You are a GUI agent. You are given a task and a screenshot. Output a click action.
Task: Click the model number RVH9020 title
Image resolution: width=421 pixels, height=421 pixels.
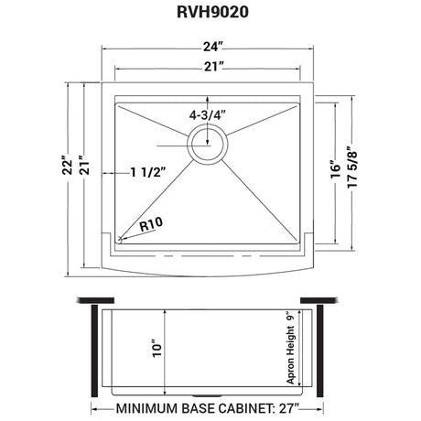pos(212,13)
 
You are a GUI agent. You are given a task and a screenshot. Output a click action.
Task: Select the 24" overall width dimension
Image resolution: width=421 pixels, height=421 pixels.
pos(212,47)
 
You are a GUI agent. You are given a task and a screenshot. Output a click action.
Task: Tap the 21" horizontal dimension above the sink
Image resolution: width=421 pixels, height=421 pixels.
pos(213,67)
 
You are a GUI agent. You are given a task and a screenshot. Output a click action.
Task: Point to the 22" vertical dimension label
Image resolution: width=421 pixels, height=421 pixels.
pos(68,166)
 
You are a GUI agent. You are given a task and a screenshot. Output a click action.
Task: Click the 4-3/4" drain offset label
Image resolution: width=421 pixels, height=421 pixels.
pos(208,115)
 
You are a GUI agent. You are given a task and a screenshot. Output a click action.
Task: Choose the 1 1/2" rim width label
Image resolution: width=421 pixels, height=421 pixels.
pos(149,173)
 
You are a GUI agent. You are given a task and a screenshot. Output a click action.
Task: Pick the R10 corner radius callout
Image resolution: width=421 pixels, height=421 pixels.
pos(151,224)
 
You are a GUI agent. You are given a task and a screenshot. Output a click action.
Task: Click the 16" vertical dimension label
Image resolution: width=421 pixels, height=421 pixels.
pos(336,168)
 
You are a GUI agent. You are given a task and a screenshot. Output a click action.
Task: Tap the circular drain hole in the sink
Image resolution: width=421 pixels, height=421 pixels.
pos(208,145)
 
